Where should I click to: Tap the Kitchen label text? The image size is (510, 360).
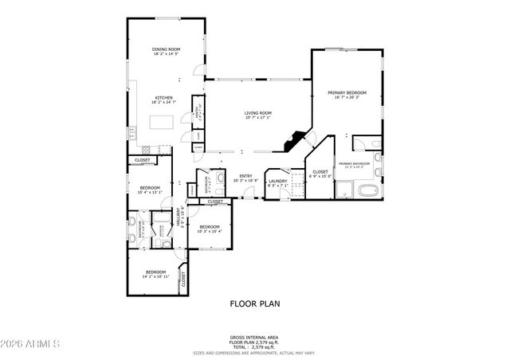tap(163, 99)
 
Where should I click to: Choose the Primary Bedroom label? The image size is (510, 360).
tap(347, 93)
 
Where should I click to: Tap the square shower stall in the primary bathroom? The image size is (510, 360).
tap(344, 190)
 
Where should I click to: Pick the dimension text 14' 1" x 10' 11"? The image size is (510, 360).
tap(155, 276)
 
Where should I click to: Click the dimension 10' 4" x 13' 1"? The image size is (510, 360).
tap(150, 192)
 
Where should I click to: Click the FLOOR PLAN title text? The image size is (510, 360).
tap(255, 303)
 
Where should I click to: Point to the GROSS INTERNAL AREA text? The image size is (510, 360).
tap(255, 338)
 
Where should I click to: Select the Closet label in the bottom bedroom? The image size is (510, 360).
tap(184, 278)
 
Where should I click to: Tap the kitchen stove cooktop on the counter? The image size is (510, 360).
tap(147, 150)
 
